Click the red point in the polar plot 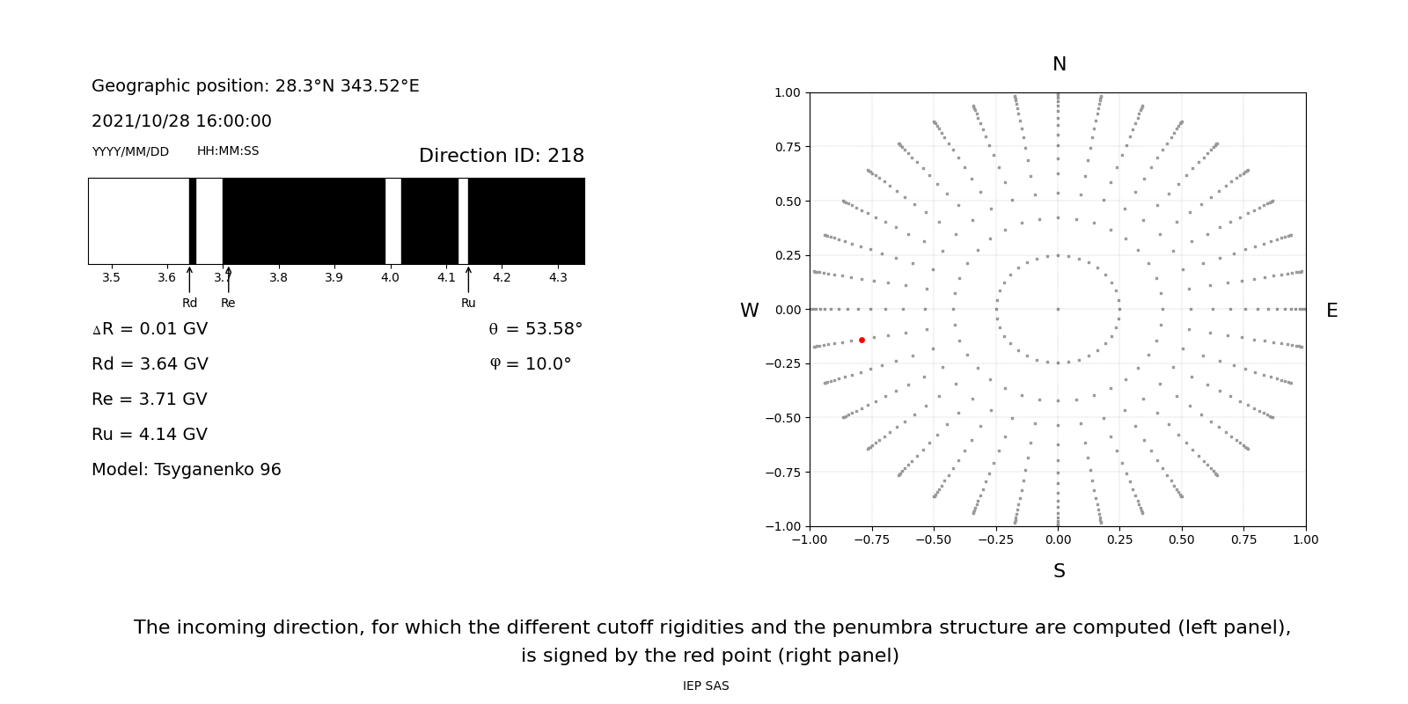coord(862,340)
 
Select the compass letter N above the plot coord(1059,64)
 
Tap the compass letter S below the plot coord(1059,571)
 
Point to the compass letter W coord(749,311)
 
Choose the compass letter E coord(1331,311)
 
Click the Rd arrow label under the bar coord(189,303)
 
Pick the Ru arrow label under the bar coord(468,303)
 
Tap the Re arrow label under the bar coord(228,303)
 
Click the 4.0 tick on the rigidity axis coord(390,278)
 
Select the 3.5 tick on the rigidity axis coord(111,278)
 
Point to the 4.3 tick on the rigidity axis coord(558,278)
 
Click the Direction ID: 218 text coord(501,156)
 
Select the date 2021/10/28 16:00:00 coord(181,121)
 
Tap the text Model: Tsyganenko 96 coord(187,470)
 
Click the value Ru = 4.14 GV coord(150,435)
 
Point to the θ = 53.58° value coord(535,329)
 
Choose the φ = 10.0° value coord(530,364)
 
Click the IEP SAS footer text coord(706,686)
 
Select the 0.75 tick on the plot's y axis coord(788,147)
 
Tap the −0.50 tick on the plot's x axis coord(934,539)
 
